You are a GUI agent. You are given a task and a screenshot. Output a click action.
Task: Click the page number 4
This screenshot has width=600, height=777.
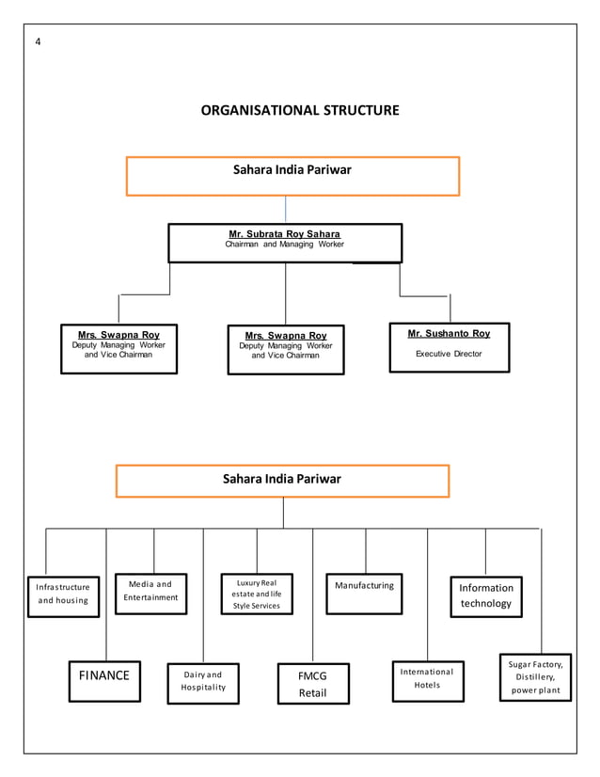(38, 42)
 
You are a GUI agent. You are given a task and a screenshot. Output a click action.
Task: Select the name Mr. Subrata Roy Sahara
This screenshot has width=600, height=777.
(285, 234)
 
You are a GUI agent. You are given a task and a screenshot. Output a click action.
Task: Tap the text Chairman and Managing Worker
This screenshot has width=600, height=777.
(285, 245)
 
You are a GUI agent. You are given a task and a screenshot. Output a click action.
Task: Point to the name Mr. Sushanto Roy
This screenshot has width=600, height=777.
(449, 334)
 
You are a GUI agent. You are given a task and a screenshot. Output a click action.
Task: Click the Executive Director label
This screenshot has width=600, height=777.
(449, 355)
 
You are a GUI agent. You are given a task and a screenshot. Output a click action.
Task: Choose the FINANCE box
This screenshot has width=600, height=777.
(103, 675)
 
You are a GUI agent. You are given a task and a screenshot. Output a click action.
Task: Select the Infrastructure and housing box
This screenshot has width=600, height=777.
(63, 594)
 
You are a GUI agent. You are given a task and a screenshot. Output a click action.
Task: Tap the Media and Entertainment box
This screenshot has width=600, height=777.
(150, 592)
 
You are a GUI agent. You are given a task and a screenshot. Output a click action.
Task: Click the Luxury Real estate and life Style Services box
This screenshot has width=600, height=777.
(258, 594)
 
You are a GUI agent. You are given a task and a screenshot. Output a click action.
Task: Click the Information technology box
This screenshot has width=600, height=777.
(485, 595)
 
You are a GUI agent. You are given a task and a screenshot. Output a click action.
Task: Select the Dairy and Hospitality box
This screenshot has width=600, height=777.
(202, 681)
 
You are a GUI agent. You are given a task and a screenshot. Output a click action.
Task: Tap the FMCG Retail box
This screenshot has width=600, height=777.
(312, 684)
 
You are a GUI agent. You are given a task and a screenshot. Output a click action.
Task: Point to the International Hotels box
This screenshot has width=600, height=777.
(427, 679)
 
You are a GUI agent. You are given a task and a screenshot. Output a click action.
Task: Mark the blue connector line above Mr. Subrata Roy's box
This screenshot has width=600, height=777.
(286, 209)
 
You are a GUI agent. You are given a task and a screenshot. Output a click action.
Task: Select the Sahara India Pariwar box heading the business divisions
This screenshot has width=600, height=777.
(282, 480)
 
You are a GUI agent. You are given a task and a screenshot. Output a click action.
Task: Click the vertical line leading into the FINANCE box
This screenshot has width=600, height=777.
(105, 611)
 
